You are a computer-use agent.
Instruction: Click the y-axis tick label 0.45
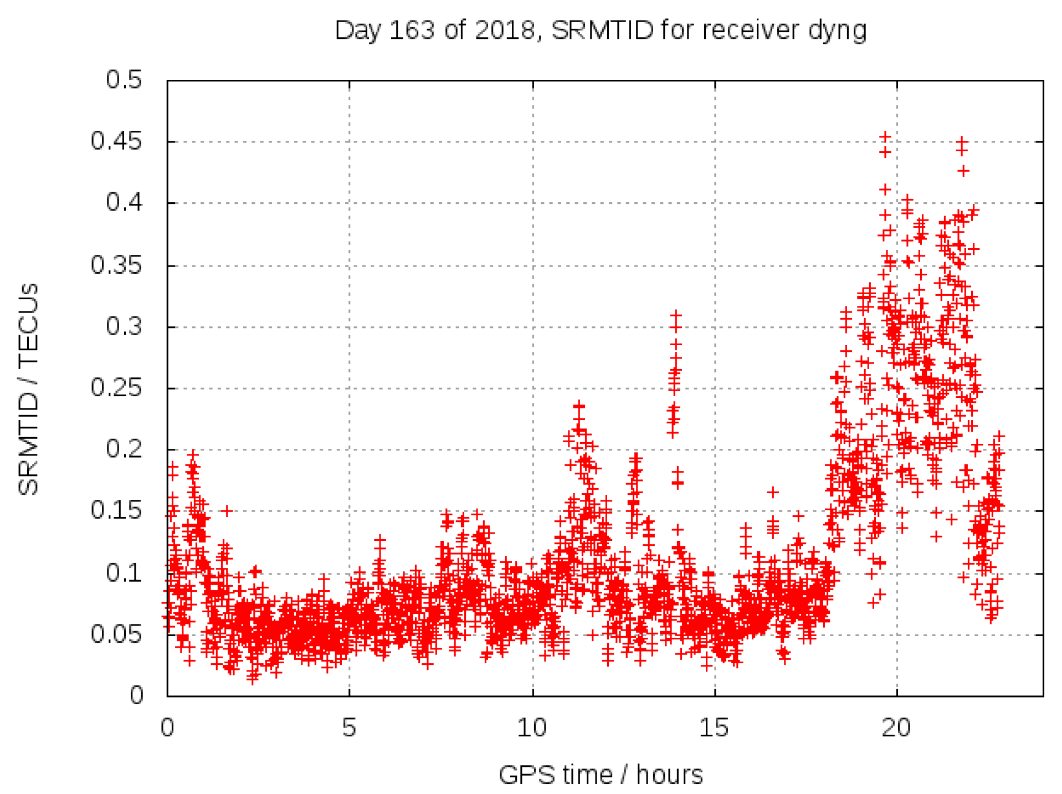[116, 141]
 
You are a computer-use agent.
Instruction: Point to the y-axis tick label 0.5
[124, 80]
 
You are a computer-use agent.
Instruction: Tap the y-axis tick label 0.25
[116, 388]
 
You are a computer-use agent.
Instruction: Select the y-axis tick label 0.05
[116, 634]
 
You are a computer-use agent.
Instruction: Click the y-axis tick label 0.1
[124, 573]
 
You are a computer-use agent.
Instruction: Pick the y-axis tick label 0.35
[116, 265]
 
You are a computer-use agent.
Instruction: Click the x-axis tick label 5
[348, 728]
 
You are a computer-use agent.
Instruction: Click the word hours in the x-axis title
[669, 775]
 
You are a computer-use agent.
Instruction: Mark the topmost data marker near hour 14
[675, 315]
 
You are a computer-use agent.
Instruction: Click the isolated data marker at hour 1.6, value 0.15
[226, 510]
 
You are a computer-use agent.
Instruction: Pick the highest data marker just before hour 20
[885, 136]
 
